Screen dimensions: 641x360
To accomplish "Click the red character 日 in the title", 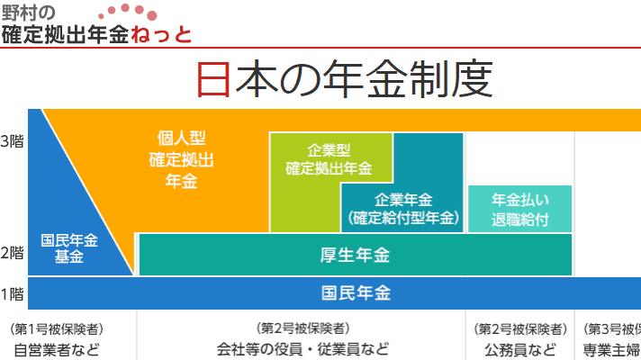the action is (x=213, y=79).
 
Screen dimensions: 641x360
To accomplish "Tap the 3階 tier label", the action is (x=12, y=141).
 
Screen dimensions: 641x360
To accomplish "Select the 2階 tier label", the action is (x=12, y=253).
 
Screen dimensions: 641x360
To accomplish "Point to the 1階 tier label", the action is (x=12, y=294).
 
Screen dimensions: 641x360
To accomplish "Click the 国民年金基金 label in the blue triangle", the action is (x=69, y=248).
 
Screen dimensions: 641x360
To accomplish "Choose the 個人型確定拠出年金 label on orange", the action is (x=181, y=160).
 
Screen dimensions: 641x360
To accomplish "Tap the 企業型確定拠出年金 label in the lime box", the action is (x=329, y=159).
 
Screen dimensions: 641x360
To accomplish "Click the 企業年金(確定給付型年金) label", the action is (x=403, y=209).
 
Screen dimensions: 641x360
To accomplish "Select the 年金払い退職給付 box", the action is (x=520, y=209).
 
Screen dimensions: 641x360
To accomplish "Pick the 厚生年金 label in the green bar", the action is (x=355, y=255).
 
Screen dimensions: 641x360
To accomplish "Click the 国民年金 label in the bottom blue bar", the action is (x=356, y=293).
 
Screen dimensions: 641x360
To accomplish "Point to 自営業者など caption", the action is (x=57, y=350).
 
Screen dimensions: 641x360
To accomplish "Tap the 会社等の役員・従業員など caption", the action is (x=302, y=349).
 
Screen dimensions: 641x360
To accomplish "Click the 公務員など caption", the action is (x=520, y=350).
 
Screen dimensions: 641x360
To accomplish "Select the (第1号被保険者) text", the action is (x=57, y=328).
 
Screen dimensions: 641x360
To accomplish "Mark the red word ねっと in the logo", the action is (x=161, y=34).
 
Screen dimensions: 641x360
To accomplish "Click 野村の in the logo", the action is (x=28, y=13).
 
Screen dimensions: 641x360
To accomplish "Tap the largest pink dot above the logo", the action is (x=151, y=16).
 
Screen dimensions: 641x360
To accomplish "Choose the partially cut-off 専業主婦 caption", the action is (x=612, y=350).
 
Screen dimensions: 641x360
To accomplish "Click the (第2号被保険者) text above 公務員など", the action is (x=520, y=328).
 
